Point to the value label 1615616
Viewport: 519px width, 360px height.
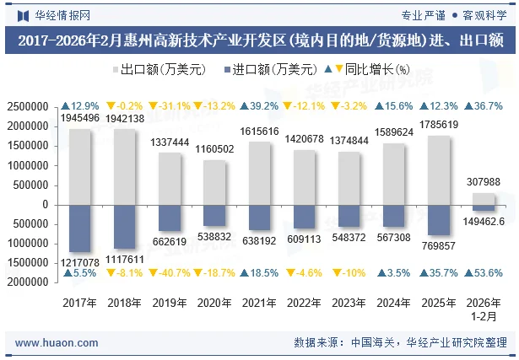click(x=261, y=132)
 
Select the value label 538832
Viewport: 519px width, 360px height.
click(x=215, y=238)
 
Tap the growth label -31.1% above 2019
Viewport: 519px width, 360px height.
click(x=170, y=106)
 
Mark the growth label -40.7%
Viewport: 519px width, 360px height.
click(x=170, y=273)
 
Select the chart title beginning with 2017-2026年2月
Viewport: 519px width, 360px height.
click(x=259, y=40)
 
